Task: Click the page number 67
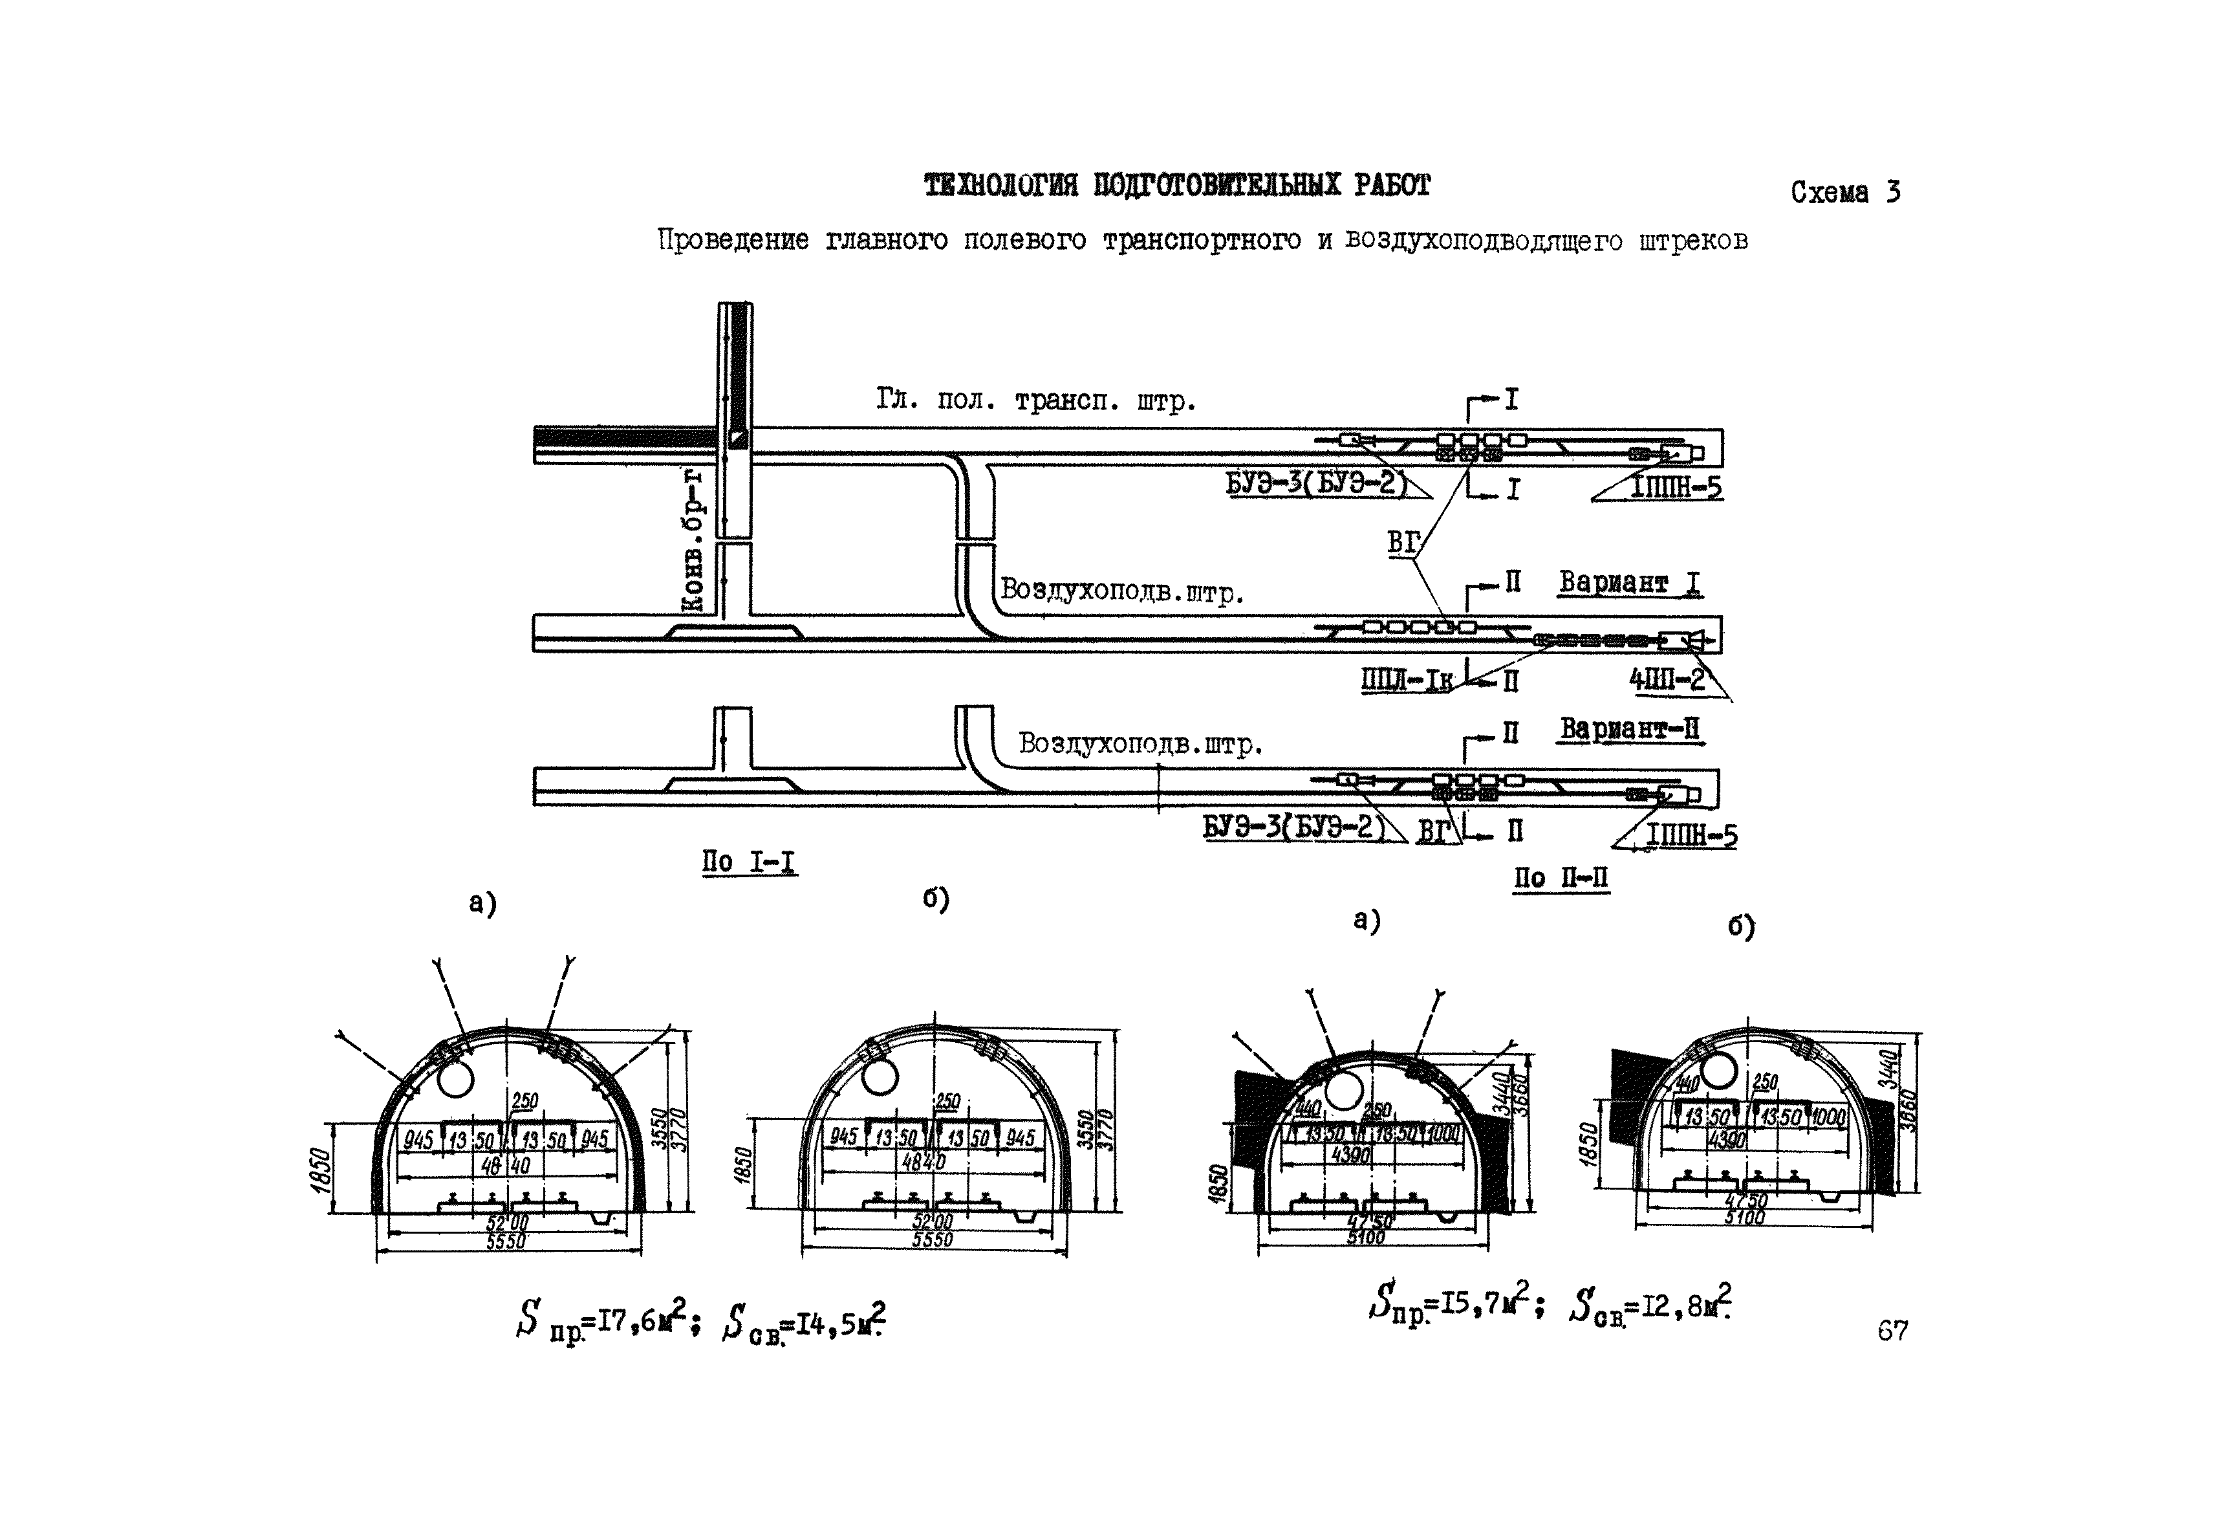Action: pyautogui.click(x=1892, y=1331)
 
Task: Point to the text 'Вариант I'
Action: pyautogui.click(x=1629, y=582)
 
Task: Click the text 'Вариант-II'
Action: pyautogui.click(x=1630, y=730)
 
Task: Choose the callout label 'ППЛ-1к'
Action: pyautogui.click(x=1406, y=680)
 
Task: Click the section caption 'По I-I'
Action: pyautogui.click(x=748, y=862)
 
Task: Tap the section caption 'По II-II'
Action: pyautogui.click(x=1561, y=877)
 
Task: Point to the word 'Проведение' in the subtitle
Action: pyautogui.click(x=733, y=239)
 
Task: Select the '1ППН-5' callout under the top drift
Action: pyautogui.click(x=1676, y=488)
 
